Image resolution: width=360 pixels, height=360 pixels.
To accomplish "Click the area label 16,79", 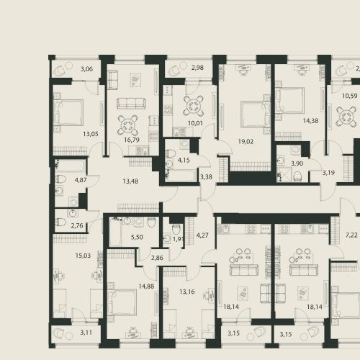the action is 132,140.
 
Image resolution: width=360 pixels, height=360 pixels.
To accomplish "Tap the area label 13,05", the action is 91,134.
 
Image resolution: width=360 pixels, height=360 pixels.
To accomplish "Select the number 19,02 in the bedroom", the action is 246,141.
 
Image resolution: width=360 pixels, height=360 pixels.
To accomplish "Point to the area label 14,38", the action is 310,121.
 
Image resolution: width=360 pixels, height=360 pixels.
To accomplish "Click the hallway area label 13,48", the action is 130,181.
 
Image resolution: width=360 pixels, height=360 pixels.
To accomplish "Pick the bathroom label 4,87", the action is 81,180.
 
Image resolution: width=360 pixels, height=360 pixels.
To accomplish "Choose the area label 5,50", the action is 137,237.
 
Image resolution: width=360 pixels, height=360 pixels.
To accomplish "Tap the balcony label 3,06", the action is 86,69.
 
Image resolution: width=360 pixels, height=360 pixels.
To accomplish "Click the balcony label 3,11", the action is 86,333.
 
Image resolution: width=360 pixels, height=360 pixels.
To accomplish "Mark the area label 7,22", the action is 351,235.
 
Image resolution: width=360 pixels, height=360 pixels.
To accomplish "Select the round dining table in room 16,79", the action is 127,125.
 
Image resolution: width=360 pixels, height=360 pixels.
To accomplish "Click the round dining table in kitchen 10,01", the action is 193,106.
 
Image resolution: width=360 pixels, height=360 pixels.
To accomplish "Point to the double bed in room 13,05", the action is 68,112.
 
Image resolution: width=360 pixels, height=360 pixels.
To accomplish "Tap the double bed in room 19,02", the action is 256,114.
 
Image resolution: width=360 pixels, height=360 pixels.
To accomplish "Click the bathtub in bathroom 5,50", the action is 114,232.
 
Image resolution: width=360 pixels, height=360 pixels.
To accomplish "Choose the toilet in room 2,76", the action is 60,222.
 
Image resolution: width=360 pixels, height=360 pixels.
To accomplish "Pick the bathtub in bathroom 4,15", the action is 181,176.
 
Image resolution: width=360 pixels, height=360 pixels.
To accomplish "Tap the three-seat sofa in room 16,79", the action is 131,104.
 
